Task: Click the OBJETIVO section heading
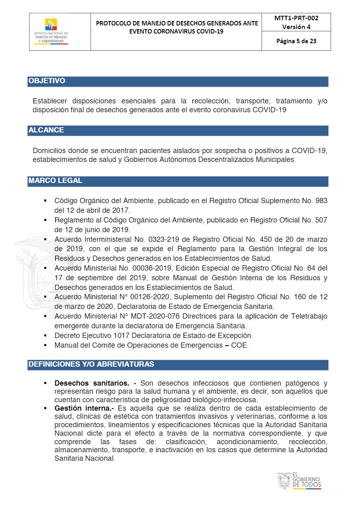[47, 81]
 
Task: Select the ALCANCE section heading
[46, 130]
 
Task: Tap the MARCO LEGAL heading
[55, 181]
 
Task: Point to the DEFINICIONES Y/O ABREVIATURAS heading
[91, 364]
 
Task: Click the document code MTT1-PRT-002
[296, 18]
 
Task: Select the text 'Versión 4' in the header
[296, 27]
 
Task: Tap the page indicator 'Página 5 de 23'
[296, 41]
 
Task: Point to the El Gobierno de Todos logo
[299, 481]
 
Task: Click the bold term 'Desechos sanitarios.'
[92, 383]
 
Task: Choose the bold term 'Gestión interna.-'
[83, 408]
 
